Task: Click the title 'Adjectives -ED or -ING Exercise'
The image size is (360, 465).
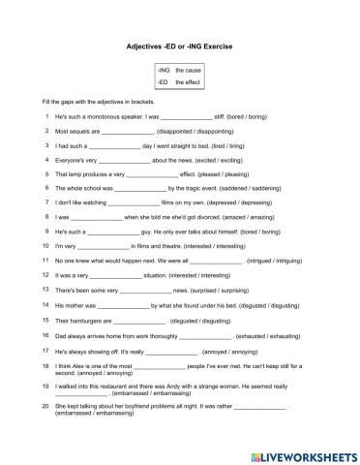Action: point(179,46)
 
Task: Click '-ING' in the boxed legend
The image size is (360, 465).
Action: point(164,72)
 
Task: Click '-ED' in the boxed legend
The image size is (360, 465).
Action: point(163,83)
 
